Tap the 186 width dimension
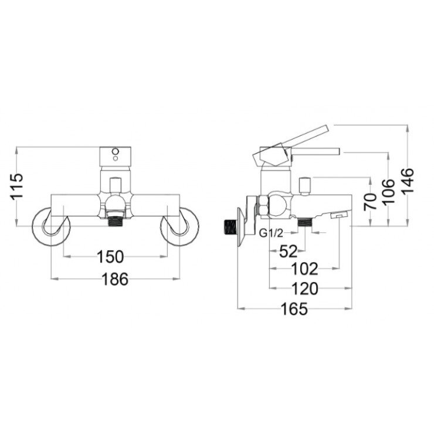tap(115, 279)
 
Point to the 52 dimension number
tap(288, 251)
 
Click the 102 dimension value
tap(304, 269)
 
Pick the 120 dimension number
tap(304, 289)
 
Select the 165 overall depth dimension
tap(294, 308)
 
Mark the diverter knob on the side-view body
tap(304, 187)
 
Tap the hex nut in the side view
tap(263, 206)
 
